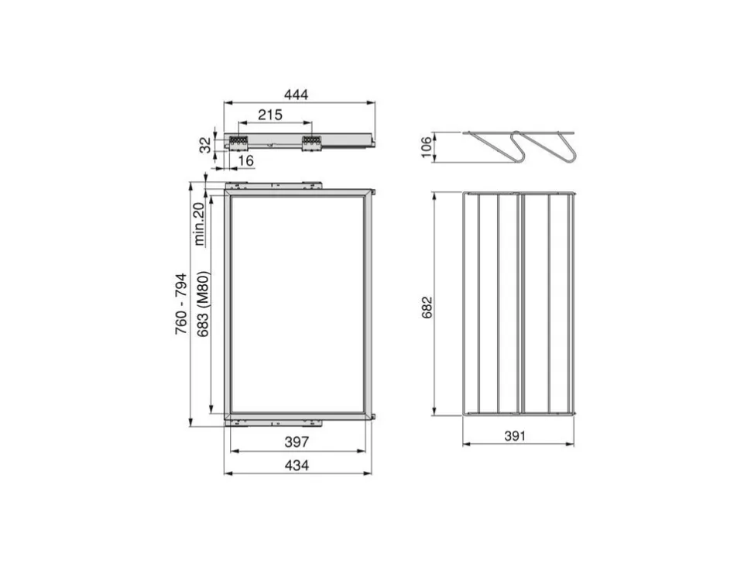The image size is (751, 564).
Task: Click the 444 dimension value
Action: (x=296, y=95)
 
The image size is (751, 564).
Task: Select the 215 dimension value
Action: (x=270, y=115)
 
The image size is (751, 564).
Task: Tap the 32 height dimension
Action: (x=205, y=145)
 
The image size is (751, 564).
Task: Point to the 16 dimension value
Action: (x=245, y=160)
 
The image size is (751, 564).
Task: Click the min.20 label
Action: (x=199, y=224)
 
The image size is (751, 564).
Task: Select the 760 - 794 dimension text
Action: (x=180, y=304)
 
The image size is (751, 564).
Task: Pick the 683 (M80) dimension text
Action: (x=203, y=304)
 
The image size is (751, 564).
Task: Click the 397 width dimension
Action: (x=297, y=442)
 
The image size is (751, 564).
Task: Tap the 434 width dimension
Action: (x=297, y=465)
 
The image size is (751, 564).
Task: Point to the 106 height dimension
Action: (x=426, y=147)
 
